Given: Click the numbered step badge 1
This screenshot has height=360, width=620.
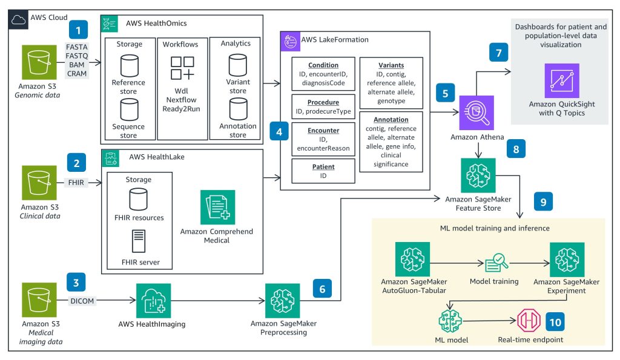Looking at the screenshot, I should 77,28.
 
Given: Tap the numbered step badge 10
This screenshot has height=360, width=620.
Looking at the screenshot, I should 555,321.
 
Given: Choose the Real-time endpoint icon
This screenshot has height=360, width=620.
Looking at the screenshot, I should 526,321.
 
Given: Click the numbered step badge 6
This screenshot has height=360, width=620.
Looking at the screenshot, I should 323,290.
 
